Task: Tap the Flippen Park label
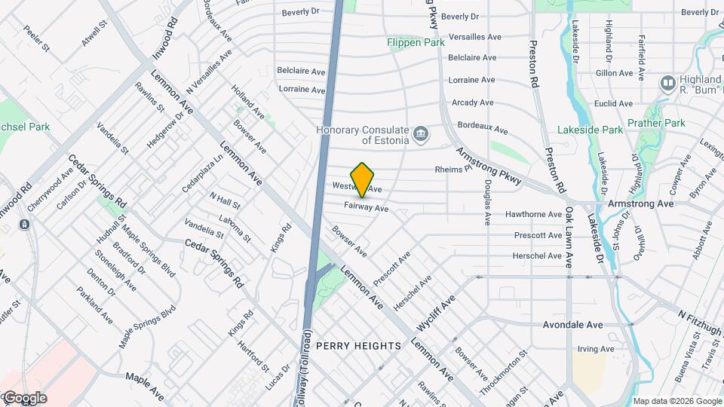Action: [x=416, y=43]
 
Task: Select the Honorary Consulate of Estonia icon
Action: [x=421, y=136]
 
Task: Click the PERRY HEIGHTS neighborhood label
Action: [x=358, y=345]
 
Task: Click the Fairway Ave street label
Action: [x=366, y=207]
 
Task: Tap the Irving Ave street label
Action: [x=596, y=349]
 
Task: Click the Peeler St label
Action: [x=36, y=38]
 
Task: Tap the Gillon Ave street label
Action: [x=613, y=73]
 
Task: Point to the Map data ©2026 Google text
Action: [x=676, y=401]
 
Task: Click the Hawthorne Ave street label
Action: [x=533, y=214]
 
